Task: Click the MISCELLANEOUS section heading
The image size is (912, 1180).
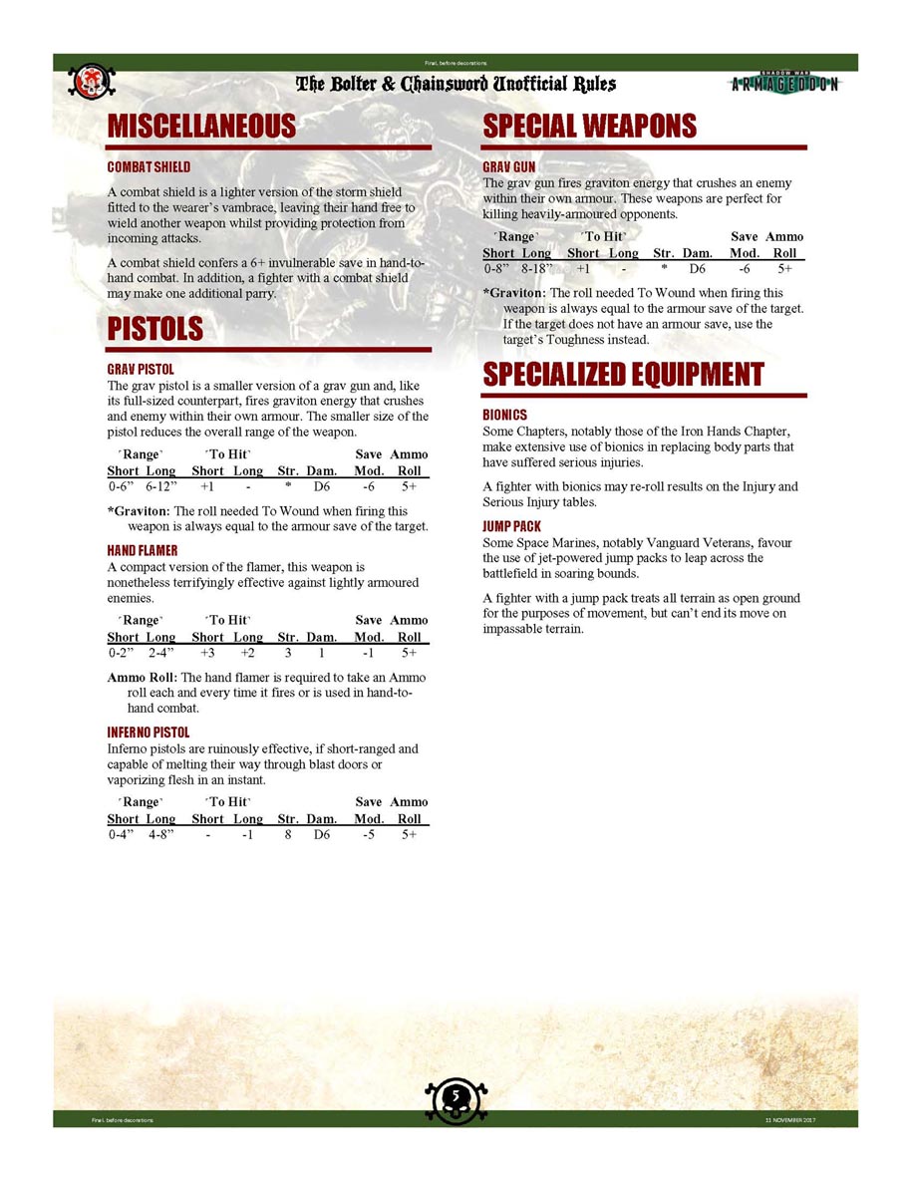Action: [202, 127]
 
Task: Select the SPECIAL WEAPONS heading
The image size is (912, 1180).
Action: [590, 127]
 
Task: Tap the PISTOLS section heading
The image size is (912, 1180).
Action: [155, 329]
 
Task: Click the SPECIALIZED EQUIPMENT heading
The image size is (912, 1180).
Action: [623, 375]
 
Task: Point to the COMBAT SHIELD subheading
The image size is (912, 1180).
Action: [149, 166]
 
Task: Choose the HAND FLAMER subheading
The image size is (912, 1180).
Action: [143, 550]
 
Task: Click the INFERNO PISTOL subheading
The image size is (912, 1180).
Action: [149, 733]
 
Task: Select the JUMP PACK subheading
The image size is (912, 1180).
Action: [512, 525]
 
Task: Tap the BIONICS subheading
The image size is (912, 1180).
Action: [505, 415]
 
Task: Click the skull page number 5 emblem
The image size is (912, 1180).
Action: [456, 1097]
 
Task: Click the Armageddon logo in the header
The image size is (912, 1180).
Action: [785, 84]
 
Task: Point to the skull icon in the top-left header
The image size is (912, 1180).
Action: [91, 81]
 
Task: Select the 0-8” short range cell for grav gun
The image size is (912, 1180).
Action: [497, 269]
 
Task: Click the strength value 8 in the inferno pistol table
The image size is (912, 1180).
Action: [287, 835]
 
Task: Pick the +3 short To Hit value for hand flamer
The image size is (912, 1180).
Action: [207, 654]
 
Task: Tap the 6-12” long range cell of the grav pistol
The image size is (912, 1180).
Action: [160, 487]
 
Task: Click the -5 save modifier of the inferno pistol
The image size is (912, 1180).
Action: [369, 835]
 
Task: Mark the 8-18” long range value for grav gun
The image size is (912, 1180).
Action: [537, 269]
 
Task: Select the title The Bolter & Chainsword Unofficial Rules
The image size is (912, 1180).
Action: [456, 85]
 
